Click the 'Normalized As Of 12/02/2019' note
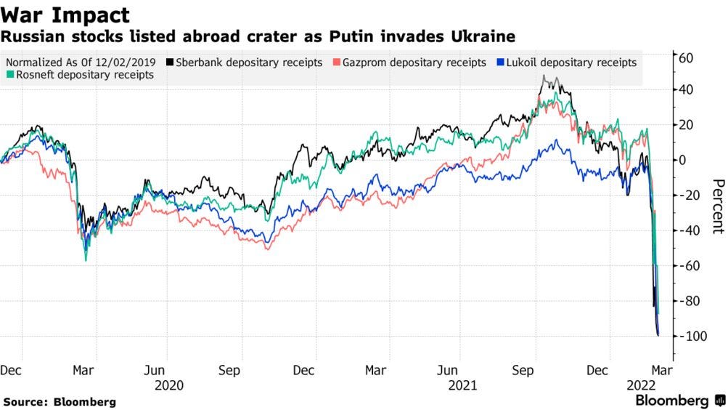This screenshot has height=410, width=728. [81, 63]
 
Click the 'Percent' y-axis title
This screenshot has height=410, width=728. [717, 206]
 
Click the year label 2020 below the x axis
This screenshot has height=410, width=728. [168, 385]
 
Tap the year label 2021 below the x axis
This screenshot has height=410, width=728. [462, 385]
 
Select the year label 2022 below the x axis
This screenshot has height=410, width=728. [641, 385]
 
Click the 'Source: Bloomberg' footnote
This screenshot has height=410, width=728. [60, 401]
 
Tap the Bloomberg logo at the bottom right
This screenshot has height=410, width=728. [679, 401]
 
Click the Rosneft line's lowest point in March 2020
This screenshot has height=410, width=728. [86, 260]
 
